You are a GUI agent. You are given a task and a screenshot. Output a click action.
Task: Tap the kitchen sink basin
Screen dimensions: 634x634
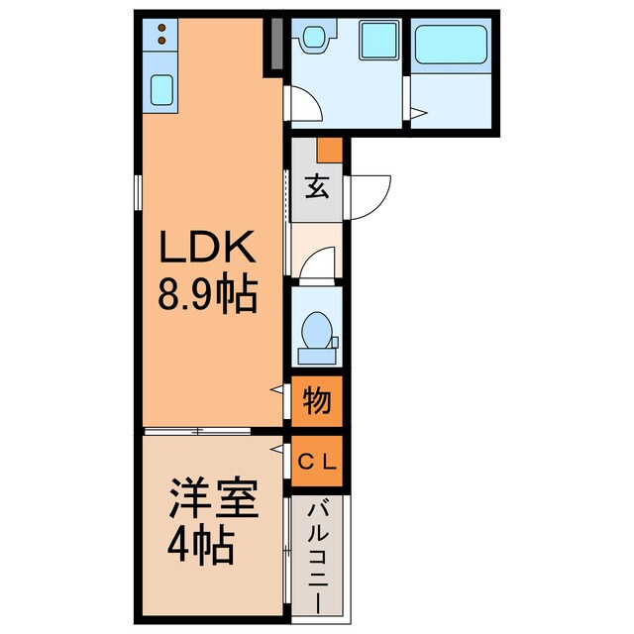click(x=160, y=90)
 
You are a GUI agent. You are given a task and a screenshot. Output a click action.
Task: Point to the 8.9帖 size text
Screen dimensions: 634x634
click(x=209, y=294)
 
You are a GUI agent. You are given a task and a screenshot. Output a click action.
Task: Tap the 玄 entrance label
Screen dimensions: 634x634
click(x=316, y=185)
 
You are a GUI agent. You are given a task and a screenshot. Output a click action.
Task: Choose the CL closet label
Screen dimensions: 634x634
click(x=317, y=461)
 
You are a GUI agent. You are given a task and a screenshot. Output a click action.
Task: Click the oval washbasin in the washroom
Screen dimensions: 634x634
click(x=315, y=39)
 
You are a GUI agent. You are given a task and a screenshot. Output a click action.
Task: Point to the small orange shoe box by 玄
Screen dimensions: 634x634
click(x=329, y=150)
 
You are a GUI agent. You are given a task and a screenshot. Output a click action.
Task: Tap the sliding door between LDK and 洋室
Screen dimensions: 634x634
click(x=198, y=431)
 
